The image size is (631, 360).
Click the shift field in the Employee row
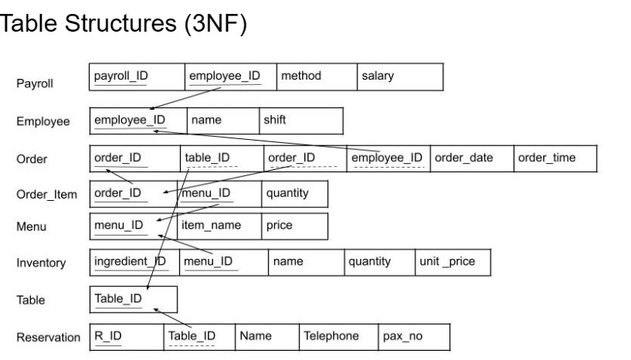(x=299, y=121)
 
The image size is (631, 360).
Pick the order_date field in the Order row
(x=471, y=159)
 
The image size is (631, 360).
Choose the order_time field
(x=555, y=159)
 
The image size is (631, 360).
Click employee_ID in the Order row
(x=387, y=159)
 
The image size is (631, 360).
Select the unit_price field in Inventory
(x=452, y=262)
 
